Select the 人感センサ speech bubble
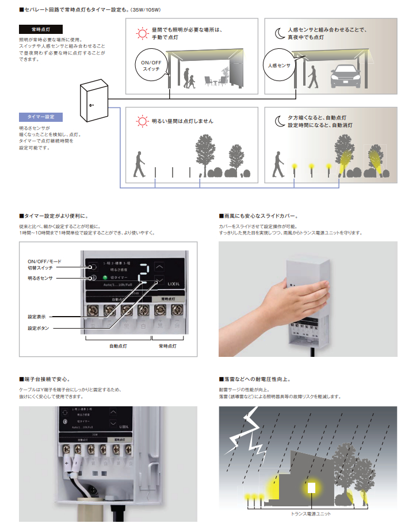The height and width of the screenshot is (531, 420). [x=279, y=66]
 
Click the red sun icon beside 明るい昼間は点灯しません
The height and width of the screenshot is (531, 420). [x=141, y=121]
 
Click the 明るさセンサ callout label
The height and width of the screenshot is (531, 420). [x=40, y=278]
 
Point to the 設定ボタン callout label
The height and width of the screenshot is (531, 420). [x=39, y=328]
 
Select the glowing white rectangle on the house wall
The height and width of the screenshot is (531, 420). [x=312, y=488]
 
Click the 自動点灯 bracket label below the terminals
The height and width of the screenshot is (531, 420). [x=118, y=347]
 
